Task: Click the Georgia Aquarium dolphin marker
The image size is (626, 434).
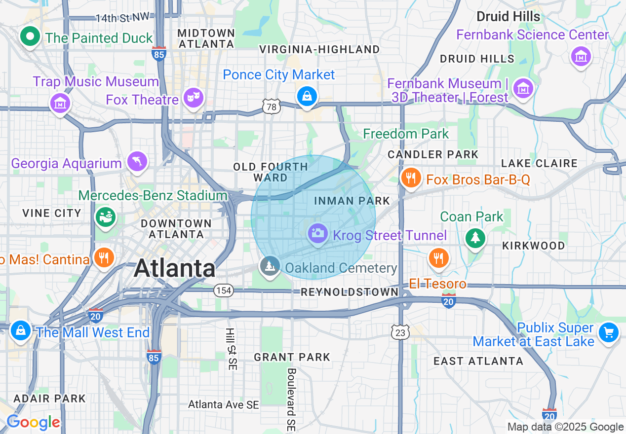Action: coord(137,162)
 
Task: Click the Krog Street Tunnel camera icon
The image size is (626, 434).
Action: coord(318,233)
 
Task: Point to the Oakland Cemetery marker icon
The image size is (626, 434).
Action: coord(270,266)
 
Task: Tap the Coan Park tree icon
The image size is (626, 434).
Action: coord(475,238)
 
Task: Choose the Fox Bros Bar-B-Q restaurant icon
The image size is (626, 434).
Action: coord(410,177)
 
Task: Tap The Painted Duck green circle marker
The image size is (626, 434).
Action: coord(30,36)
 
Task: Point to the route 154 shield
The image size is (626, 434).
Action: coord(224,290)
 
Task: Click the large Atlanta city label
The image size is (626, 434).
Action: coord(175,268)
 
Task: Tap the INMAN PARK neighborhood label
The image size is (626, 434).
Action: coord(352,201)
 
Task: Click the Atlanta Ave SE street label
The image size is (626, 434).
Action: coord(224,405)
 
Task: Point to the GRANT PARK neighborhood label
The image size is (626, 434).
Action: coord(292,357)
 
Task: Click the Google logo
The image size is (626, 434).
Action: coord(33,423)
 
